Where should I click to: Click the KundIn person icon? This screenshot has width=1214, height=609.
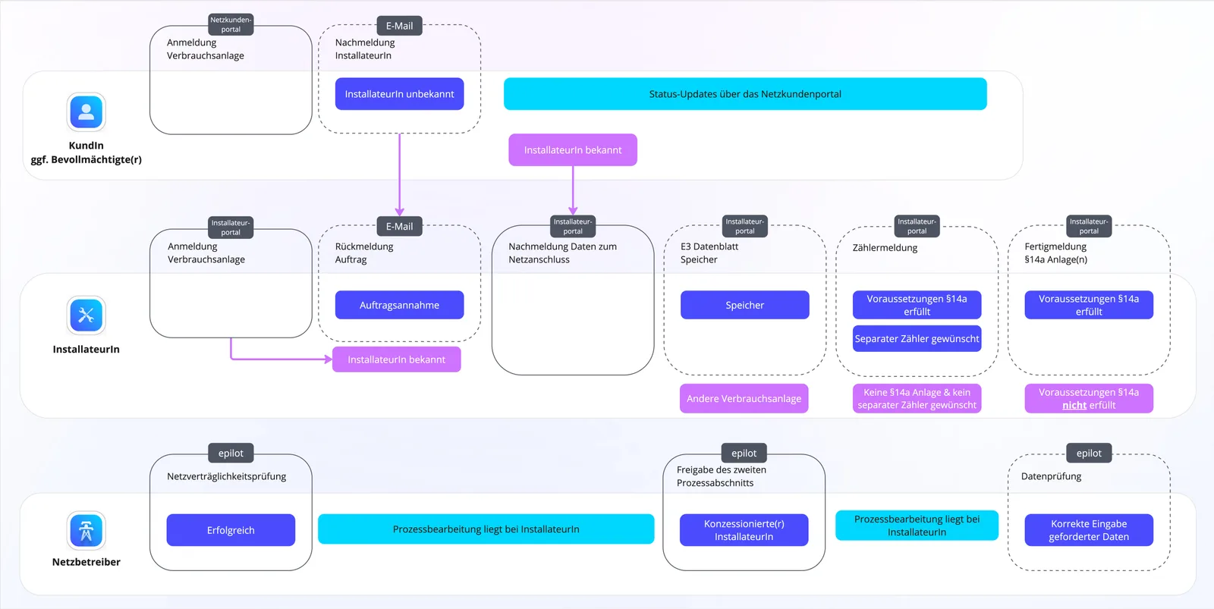86,112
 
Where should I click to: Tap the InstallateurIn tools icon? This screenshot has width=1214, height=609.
86,315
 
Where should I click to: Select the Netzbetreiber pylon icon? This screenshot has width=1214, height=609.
86,530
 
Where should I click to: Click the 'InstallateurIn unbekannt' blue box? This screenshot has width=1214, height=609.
399,94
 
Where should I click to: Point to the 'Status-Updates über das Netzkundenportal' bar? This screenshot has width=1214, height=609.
745,94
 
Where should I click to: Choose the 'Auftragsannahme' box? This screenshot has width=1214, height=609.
399,305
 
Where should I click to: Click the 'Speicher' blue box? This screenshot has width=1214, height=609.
744,305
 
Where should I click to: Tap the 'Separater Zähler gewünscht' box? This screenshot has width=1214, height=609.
917,339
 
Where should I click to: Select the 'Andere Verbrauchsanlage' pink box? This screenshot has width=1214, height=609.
744,399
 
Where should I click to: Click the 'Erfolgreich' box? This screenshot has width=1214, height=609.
231,530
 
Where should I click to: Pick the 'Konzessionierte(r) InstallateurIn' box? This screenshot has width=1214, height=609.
744,530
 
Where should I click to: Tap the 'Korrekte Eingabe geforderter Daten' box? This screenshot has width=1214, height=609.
1089,530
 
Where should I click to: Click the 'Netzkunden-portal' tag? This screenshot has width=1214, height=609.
231,24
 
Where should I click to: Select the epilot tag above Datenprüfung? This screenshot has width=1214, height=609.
1089,453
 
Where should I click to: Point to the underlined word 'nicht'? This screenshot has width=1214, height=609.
1074,405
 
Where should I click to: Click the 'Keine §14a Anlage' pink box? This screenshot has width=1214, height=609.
917,399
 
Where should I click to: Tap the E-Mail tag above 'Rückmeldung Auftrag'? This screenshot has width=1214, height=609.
399,227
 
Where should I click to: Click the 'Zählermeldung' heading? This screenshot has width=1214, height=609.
885,247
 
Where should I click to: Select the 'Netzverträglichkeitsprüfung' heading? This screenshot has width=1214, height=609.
227,476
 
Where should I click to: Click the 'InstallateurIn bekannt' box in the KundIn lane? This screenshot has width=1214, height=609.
573,150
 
